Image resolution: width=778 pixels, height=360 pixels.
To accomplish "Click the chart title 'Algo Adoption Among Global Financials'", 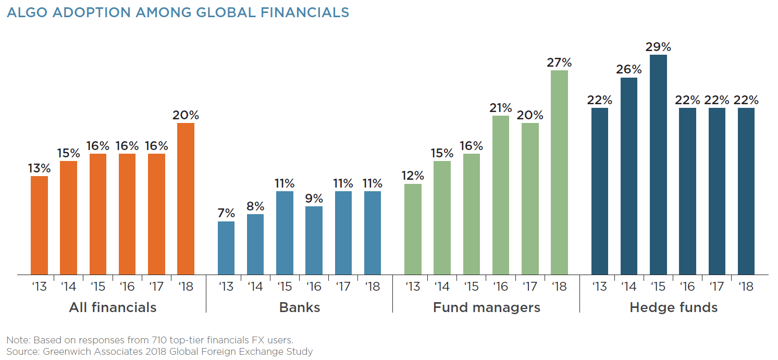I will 178,13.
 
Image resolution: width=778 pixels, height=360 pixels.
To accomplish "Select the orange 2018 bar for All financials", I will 186,198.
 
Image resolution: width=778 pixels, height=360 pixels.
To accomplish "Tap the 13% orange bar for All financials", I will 39,225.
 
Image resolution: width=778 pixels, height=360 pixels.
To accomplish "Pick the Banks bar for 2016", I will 314,240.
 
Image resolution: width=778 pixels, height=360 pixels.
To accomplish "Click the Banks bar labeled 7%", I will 226,248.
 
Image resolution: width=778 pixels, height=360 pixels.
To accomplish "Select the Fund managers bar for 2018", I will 559,172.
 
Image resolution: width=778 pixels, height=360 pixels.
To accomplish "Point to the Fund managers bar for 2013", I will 413,229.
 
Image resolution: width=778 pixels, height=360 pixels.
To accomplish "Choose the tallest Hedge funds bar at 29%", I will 658,165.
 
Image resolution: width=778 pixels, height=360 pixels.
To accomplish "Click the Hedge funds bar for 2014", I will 629,176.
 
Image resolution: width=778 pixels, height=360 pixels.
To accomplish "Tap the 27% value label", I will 559,63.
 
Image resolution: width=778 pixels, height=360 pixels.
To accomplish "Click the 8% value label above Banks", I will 255,206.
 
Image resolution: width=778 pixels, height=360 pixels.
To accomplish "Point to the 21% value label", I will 501,108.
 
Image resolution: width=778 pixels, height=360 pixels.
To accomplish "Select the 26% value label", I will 629,70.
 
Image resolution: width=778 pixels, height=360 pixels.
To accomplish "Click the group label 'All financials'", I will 113,307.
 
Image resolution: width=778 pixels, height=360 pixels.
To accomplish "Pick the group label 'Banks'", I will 300,307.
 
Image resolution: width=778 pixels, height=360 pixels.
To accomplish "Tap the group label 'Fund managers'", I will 486,307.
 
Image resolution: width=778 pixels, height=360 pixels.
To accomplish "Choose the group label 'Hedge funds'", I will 673,307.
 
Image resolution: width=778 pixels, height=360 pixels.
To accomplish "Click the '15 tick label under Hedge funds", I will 658,287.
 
